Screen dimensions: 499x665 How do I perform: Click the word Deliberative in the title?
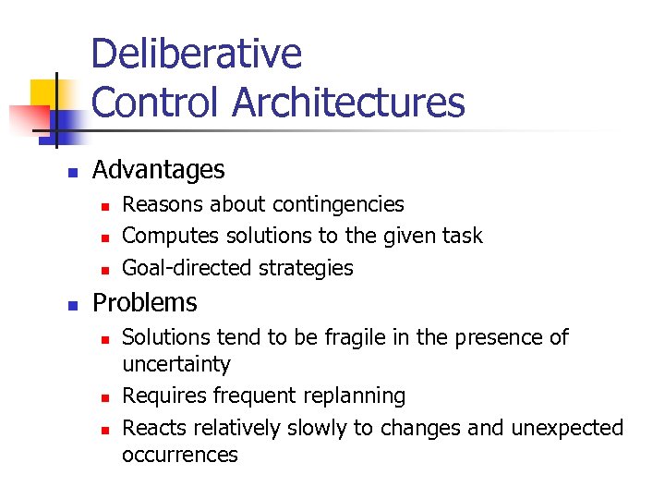196,55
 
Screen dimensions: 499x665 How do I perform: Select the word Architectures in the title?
348,103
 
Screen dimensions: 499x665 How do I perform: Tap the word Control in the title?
157,103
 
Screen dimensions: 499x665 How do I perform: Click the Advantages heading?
158,170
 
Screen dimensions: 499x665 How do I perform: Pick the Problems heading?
145,303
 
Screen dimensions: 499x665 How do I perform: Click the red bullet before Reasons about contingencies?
105,206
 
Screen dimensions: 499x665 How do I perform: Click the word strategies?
304,268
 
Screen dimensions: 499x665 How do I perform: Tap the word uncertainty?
176,364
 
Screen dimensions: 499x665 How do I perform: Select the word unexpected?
568,428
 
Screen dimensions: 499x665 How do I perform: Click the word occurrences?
180,455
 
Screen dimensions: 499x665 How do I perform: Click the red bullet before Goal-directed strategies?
105,270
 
